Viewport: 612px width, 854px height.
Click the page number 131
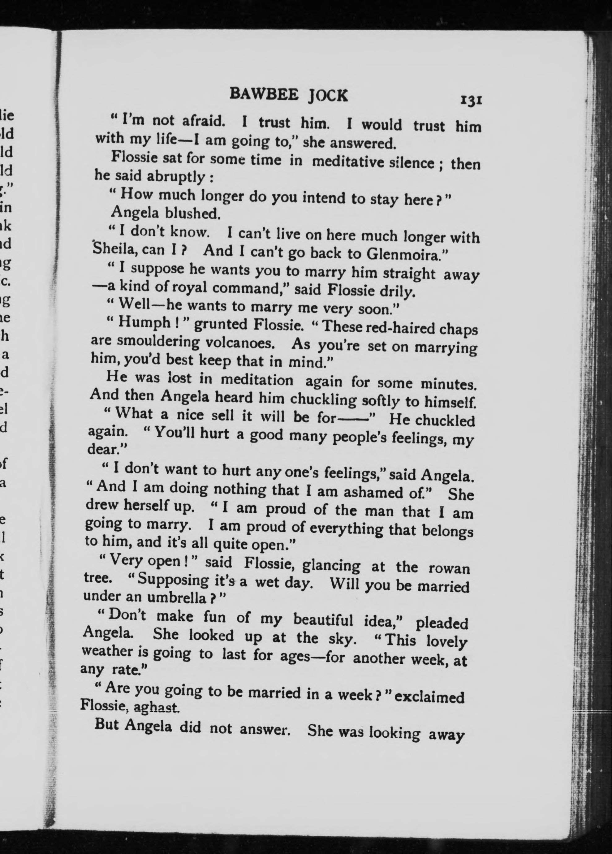pos(470,101)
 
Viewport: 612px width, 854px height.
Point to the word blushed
pos(192,213)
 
